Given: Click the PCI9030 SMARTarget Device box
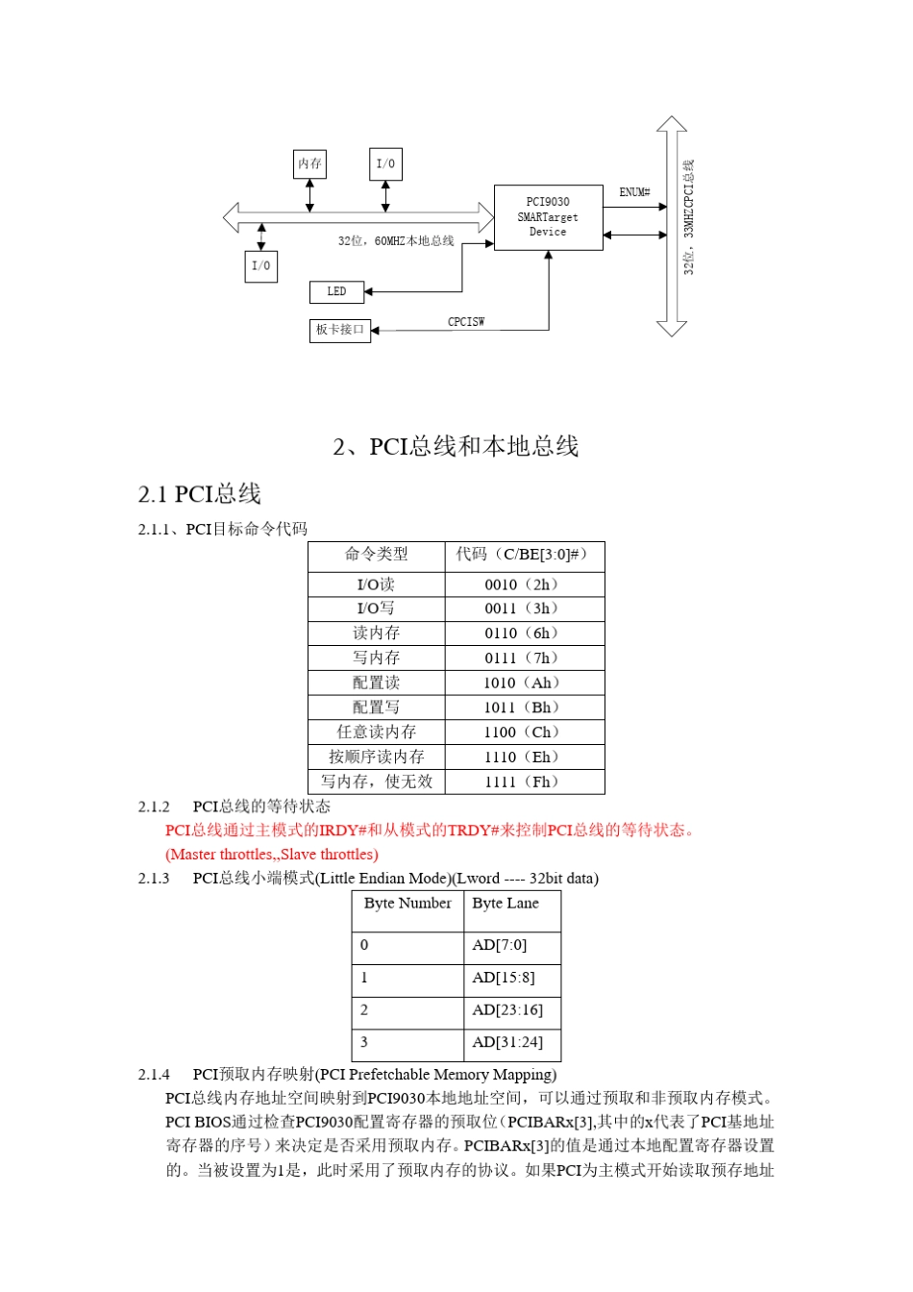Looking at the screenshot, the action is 548,217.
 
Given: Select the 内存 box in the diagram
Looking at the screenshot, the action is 309,164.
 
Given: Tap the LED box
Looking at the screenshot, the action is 336,291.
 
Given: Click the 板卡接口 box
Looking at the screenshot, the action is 340,330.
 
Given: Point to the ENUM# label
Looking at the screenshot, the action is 634,192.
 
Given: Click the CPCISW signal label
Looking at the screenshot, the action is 466,322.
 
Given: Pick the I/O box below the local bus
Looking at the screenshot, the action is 261,266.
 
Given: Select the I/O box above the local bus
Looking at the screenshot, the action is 385,164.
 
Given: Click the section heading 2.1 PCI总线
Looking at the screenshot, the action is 200,494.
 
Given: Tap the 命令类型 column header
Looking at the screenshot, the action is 377,555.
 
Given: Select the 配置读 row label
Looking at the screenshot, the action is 377,683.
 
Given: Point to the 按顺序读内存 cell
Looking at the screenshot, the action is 377,758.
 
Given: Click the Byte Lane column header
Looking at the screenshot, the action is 506,904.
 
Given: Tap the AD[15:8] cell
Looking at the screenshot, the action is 504,978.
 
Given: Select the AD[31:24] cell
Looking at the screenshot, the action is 507,1042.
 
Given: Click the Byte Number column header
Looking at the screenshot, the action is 407,904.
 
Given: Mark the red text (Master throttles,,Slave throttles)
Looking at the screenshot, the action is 272,855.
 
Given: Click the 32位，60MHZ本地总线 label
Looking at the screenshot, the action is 396,241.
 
